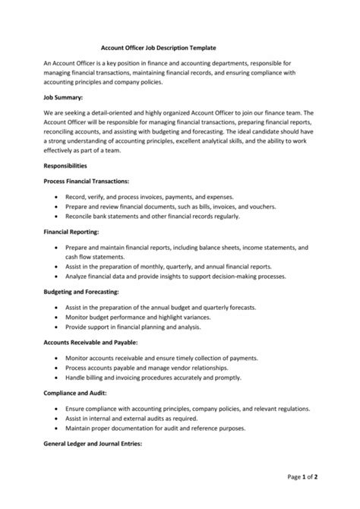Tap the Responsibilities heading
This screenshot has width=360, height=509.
(65, 165)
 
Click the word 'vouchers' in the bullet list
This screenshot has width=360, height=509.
(265, 207)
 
